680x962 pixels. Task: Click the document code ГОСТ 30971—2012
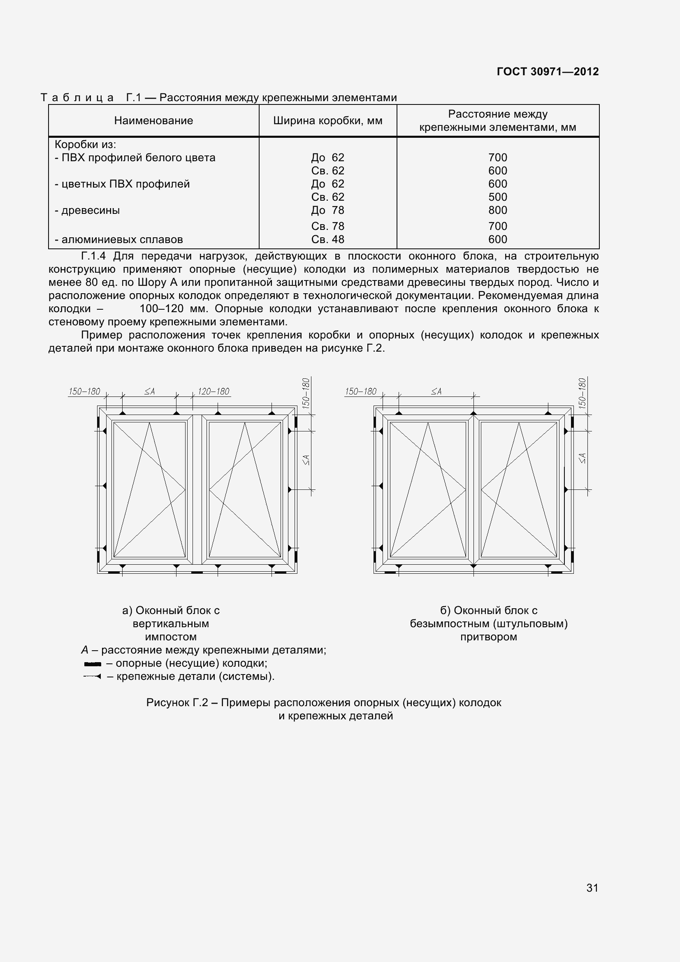click(547, 72)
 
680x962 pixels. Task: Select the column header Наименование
click(153, 121)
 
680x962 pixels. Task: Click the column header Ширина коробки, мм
click(327, 121)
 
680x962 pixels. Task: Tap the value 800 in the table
click(497, 210)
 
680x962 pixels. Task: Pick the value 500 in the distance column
click(497, 197)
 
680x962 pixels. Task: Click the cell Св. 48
click(327, 239)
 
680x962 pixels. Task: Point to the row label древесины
click(90, 210)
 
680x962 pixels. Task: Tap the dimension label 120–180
click(213, 391)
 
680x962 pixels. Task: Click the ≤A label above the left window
click(150, 391)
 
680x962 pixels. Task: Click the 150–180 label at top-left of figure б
click(360, 391)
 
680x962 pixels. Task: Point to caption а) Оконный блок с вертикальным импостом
click(171, 624)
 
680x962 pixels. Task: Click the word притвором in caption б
click(489, 637)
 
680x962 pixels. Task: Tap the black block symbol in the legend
click(93, 664)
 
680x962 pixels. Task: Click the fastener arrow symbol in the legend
click(92, 676)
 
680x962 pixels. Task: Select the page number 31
click(592, 888)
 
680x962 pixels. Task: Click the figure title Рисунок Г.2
click(177, 702)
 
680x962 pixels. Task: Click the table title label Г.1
click(133, 97)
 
